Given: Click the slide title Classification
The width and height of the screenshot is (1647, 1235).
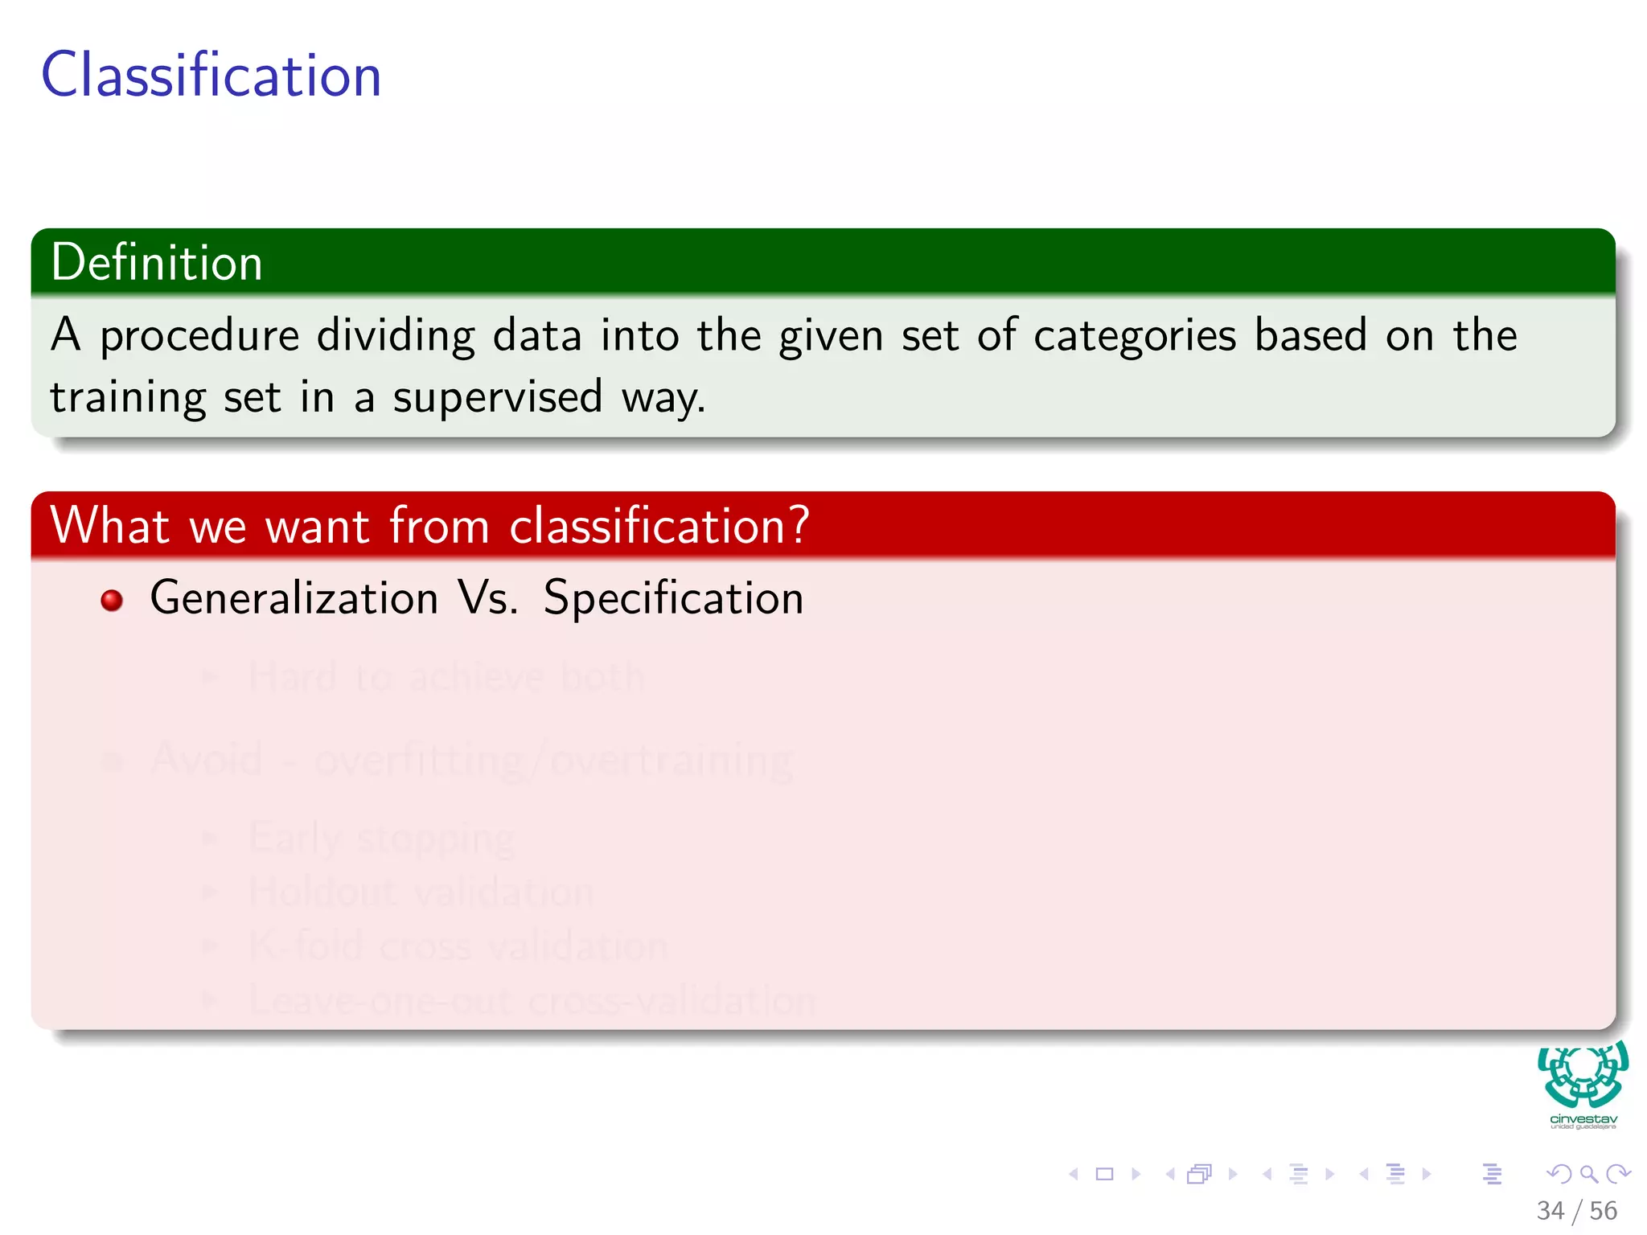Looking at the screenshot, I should [211, 75].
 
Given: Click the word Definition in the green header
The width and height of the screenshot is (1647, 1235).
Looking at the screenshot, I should [157, 262].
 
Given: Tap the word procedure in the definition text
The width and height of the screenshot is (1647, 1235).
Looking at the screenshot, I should [199, 336].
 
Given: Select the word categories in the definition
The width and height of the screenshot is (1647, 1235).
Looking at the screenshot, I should [1134, 336].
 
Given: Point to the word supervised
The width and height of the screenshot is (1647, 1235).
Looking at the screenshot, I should [497, 397].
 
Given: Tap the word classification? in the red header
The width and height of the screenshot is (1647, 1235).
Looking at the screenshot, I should [659, 526].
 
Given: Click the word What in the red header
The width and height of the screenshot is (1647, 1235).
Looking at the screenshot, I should [109, 526].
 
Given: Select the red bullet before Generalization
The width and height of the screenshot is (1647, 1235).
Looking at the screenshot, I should [112, 601].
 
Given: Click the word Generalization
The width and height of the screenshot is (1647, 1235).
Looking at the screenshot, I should [294, 599].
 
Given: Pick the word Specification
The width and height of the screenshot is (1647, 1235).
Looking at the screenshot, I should [673, 599].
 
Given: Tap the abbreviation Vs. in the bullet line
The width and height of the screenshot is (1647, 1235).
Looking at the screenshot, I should [488, 599].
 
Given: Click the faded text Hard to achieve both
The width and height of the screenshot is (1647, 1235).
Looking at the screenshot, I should [446, 677].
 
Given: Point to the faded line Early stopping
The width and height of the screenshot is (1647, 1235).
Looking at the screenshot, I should [381, 839].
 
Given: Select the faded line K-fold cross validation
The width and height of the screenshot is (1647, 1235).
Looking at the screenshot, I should [458, 946].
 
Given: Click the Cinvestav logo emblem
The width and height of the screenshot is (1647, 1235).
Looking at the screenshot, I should [1583, 1076].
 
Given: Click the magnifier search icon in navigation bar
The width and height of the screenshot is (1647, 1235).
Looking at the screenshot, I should [1588, 1175].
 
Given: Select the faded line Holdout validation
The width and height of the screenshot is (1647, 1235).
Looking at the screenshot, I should [421, 892].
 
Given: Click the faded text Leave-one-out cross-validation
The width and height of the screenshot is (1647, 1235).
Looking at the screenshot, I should [532, 1001].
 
